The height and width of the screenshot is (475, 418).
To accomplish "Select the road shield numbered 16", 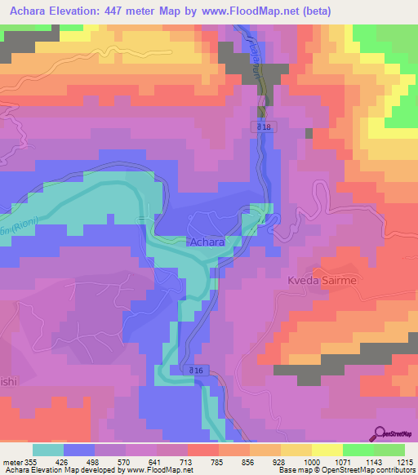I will [198, 371].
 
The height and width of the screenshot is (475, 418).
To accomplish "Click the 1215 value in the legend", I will [405, 463].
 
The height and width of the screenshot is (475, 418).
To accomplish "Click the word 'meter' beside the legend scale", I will [11, 463].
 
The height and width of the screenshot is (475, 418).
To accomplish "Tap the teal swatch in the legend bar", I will [48, 450].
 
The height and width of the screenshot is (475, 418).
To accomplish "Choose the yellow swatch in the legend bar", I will [327, 450].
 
